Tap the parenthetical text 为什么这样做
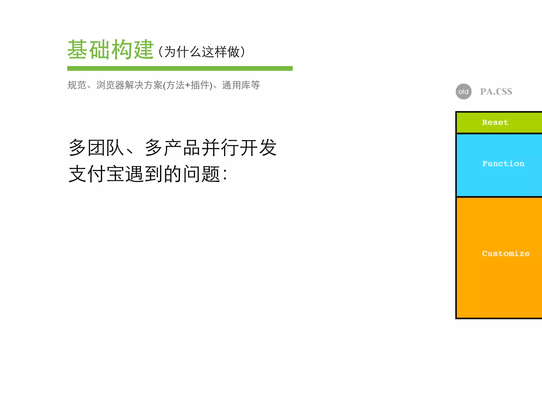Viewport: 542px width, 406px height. [202, 52]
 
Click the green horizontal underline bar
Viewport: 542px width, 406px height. [180, 68]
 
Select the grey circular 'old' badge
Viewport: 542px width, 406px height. [463, 92]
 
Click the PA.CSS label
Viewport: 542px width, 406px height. [496, 92]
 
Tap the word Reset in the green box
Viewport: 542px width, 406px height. [495, 122]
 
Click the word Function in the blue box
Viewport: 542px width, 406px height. [503, 164]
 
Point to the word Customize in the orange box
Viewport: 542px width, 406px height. [505, 253]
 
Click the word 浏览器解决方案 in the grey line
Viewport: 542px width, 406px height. [129, 85]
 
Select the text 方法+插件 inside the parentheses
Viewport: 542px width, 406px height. [188, 85]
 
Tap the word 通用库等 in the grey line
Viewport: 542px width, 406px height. [241, 85]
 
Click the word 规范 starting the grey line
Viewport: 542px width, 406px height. [77, 85]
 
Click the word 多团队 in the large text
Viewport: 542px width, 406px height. [97, 147]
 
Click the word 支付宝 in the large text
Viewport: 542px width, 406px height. [97, 174]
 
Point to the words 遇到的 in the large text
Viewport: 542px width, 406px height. [153, 174]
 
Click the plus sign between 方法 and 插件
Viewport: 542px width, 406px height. [187, 85]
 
